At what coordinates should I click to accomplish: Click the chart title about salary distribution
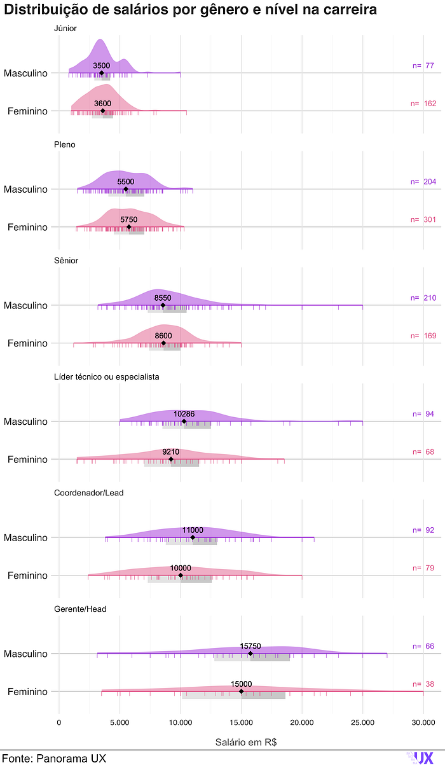tap(190, 10)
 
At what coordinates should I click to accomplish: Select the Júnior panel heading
tap(65, 29)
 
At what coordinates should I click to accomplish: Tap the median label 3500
tap(102, 65)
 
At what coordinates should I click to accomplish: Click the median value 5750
tap(129, 219)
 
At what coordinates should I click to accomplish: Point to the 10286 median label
tap(184, 414)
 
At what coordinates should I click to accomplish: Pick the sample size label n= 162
tap(423, 104)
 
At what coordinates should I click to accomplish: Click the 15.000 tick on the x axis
tap(241, 722)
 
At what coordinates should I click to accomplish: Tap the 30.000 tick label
tap(423, 722)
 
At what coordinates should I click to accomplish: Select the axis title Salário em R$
tap(246, 741)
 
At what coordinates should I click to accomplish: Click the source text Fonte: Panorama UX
tap(54, 759)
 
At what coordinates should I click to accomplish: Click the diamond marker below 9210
tap(171, 459)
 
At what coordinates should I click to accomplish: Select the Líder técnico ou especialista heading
tap(107, 376)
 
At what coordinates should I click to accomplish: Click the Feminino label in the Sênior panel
tap(27, 343)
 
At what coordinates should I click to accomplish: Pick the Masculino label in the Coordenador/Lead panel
tap(25, 538)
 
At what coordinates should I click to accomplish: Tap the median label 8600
tap(163, 336)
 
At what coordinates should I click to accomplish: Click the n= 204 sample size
tap(423, 182)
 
